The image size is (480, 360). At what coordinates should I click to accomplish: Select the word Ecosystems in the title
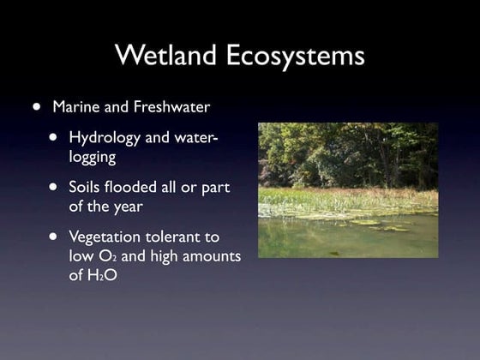(296, 56)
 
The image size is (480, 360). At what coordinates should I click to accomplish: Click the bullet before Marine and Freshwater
(36, 108)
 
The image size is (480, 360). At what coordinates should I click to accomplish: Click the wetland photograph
(348, 190)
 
